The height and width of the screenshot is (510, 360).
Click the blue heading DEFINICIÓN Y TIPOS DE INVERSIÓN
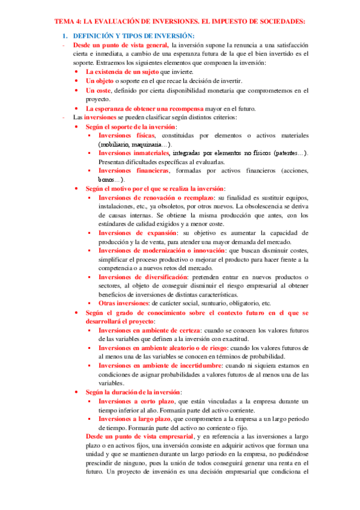(x=129, y=36)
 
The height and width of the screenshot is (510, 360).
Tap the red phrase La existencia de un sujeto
(x=119, y=72)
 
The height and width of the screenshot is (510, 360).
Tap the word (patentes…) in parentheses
(x=289, y=153)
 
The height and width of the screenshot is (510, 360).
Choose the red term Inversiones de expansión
(x=137, y=233)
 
